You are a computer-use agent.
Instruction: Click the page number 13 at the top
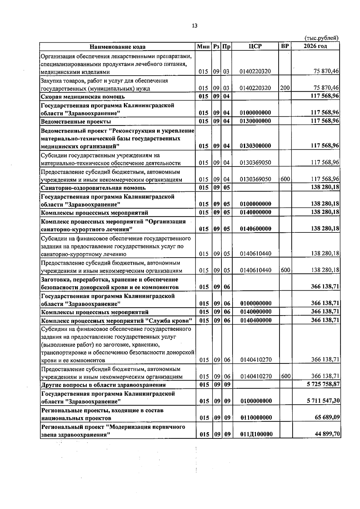tap(194, 26)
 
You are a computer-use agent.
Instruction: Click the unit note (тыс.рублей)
tap(321, 38)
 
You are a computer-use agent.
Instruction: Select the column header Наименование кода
tap(118, 46)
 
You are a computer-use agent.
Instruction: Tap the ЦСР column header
tap(255, 46)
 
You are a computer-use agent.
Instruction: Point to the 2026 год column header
tap(315, 46)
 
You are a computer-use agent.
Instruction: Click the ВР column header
tap(285, 46)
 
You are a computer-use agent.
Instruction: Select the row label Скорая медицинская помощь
tap(83, 97)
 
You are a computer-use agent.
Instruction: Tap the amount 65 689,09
tap(327, 418)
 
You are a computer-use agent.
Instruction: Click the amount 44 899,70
tap(327, 434)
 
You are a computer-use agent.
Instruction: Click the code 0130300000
tap(256, 146)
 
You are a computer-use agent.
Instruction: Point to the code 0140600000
tap(256, 229)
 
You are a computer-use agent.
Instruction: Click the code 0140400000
tap(256, 320)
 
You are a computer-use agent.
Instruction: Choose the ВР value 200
tap(285, 88)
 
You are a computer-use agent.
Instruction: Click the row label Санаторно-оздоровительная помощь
tap(93, 188)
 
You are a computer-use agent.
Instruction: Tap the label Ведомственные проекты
tap(76, 121)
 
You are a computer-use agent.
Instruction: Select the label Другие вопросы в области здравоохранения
tap(103, 385)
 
